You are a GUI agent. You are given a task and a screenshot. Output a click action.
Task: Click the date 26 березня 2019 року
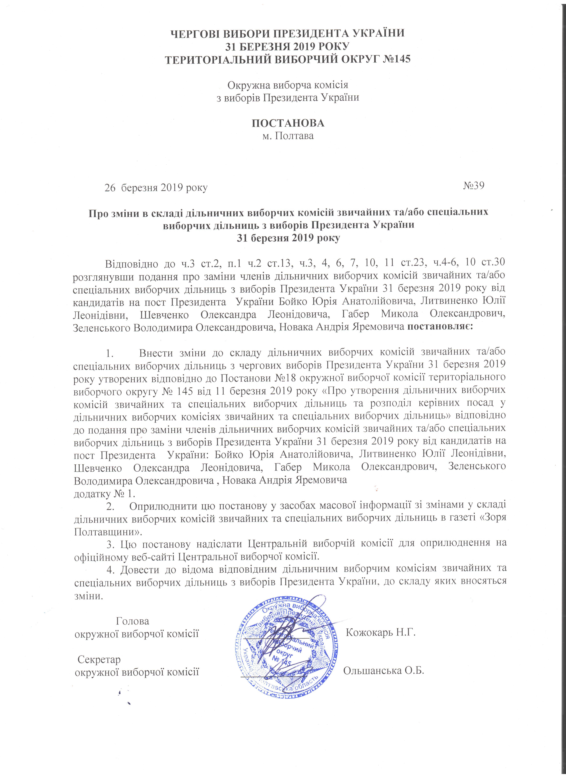click(x=156, y=188)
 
